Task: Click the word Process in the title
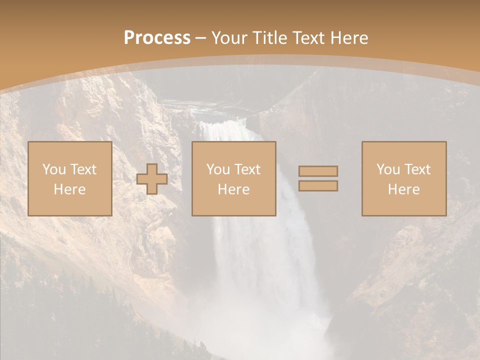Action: (157, 37)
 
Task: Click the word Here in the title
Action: (350, 37)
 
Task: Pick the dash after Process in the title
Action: (200, 38)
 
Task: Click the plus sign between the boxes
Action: (152, 178)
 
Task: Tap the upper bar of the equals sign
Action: (318, 171)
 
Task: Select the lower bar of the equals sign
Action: (318, 185)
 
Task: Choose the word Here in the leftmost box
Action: (69, 189)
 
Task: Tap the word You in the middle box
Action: (218, 169)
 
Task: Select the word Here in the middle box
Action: (233, 189)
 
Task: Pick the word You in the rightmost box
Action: (388, 169)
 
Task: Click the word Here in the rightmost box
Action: (403, 189)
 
